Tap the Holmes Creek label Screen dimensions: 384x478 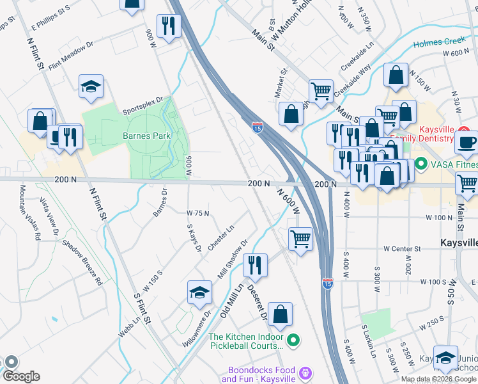439,42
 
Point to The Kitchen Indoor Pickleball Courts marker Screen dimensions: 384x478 293,340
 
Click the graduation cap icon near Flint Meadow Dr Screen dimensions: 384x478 91,87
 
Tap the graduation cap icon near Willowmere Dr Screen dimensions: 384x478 199,292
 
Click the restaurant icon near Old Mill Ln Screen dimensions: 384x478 255,264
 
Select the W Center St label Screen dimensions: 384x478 403,248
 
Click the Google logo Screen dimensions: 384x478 20,376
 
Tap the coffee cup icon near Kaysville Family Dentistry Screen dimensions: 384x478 466,143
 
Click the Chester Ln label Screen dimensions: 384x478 221,237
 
